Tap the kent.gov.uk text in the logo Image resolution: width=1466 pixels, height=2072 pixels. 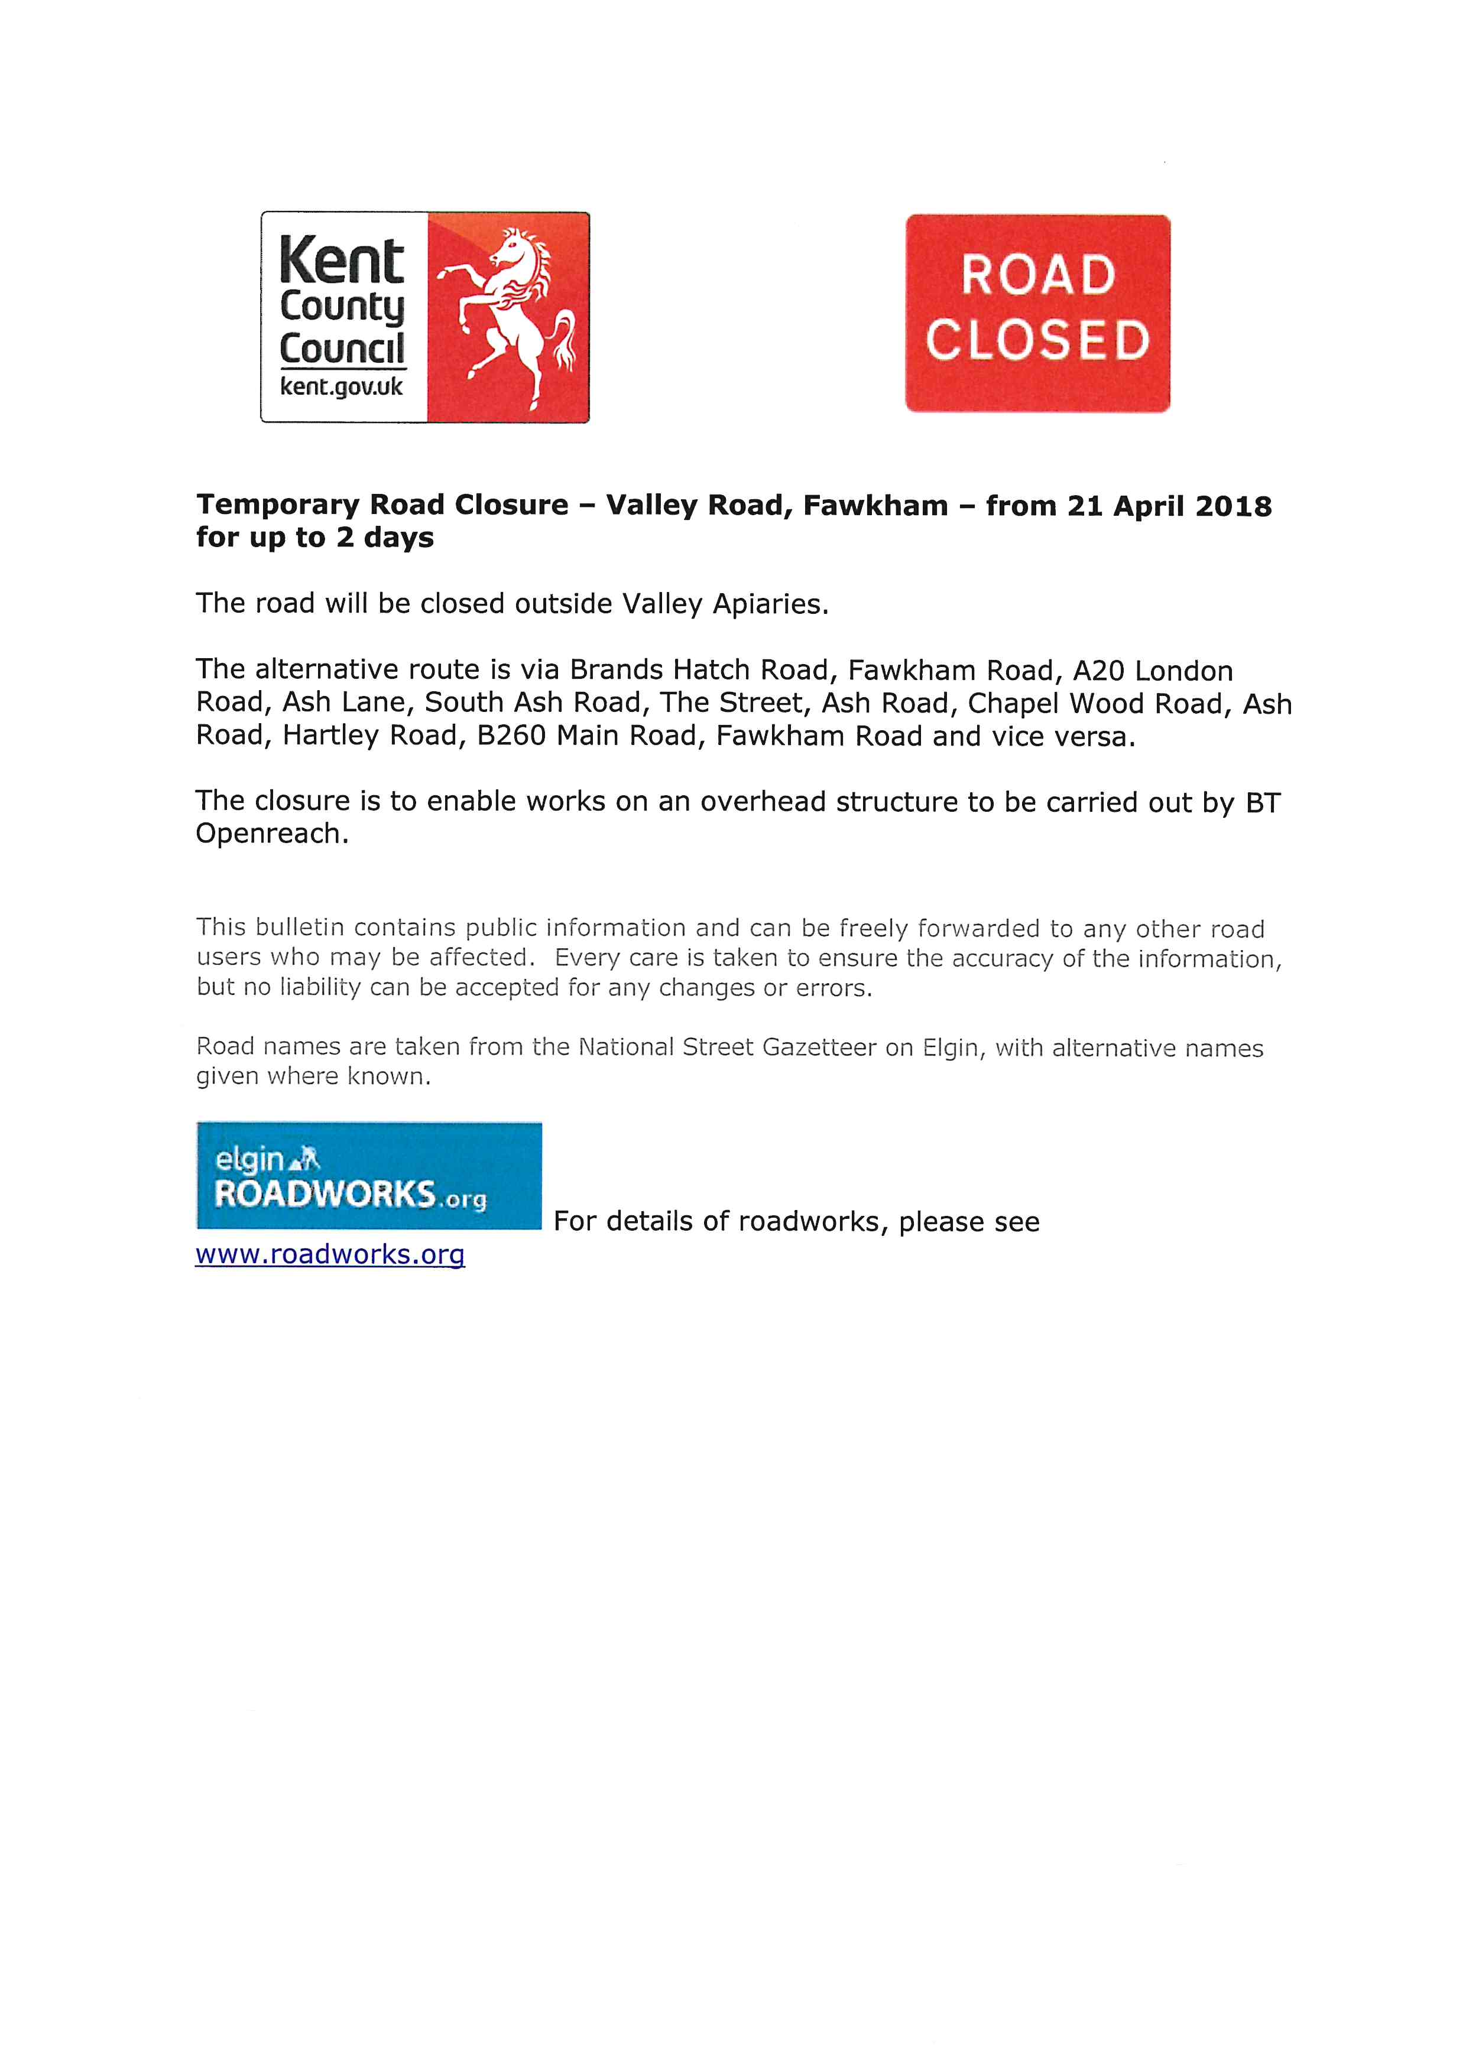(x=341, y=387)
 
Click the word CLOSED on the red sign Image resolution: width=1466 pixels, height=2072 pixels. (x=1037, y=341)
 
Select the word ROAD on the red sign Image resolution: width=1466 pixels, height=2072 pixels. (x=1038, y=275)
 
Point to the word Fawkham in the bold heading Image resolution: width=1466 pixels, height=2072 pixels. (x=875, y=505)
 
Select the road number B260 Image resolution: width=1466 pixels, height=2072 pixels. (x=511, y=736)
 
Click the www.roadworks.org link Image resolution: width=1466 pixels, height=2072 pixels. (x=330, y=1254)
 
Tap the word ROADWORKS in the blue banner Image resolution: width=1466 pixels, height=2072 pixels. (x=325, y=1194)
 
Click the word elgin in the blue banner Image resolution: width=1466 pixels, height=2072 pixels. (x=250, y=1159)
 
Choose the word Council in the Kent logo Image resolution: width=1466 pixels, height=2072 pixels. (x=342, y=349)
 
